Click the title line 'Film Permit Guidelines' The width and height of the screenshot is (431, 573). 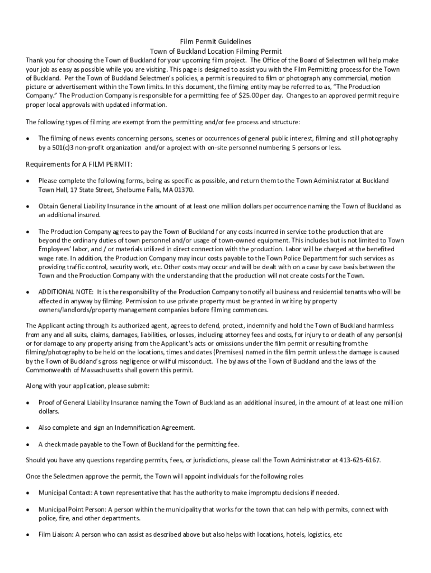coord(215,41)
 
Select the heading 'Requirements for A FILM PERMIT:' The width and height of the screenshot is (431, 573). coord(79,164)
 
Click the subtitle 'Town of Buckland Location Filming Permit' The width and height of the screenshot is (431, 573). coord(215,50)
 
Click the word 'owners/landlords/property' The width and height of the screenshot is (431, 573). coord(76,310)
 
